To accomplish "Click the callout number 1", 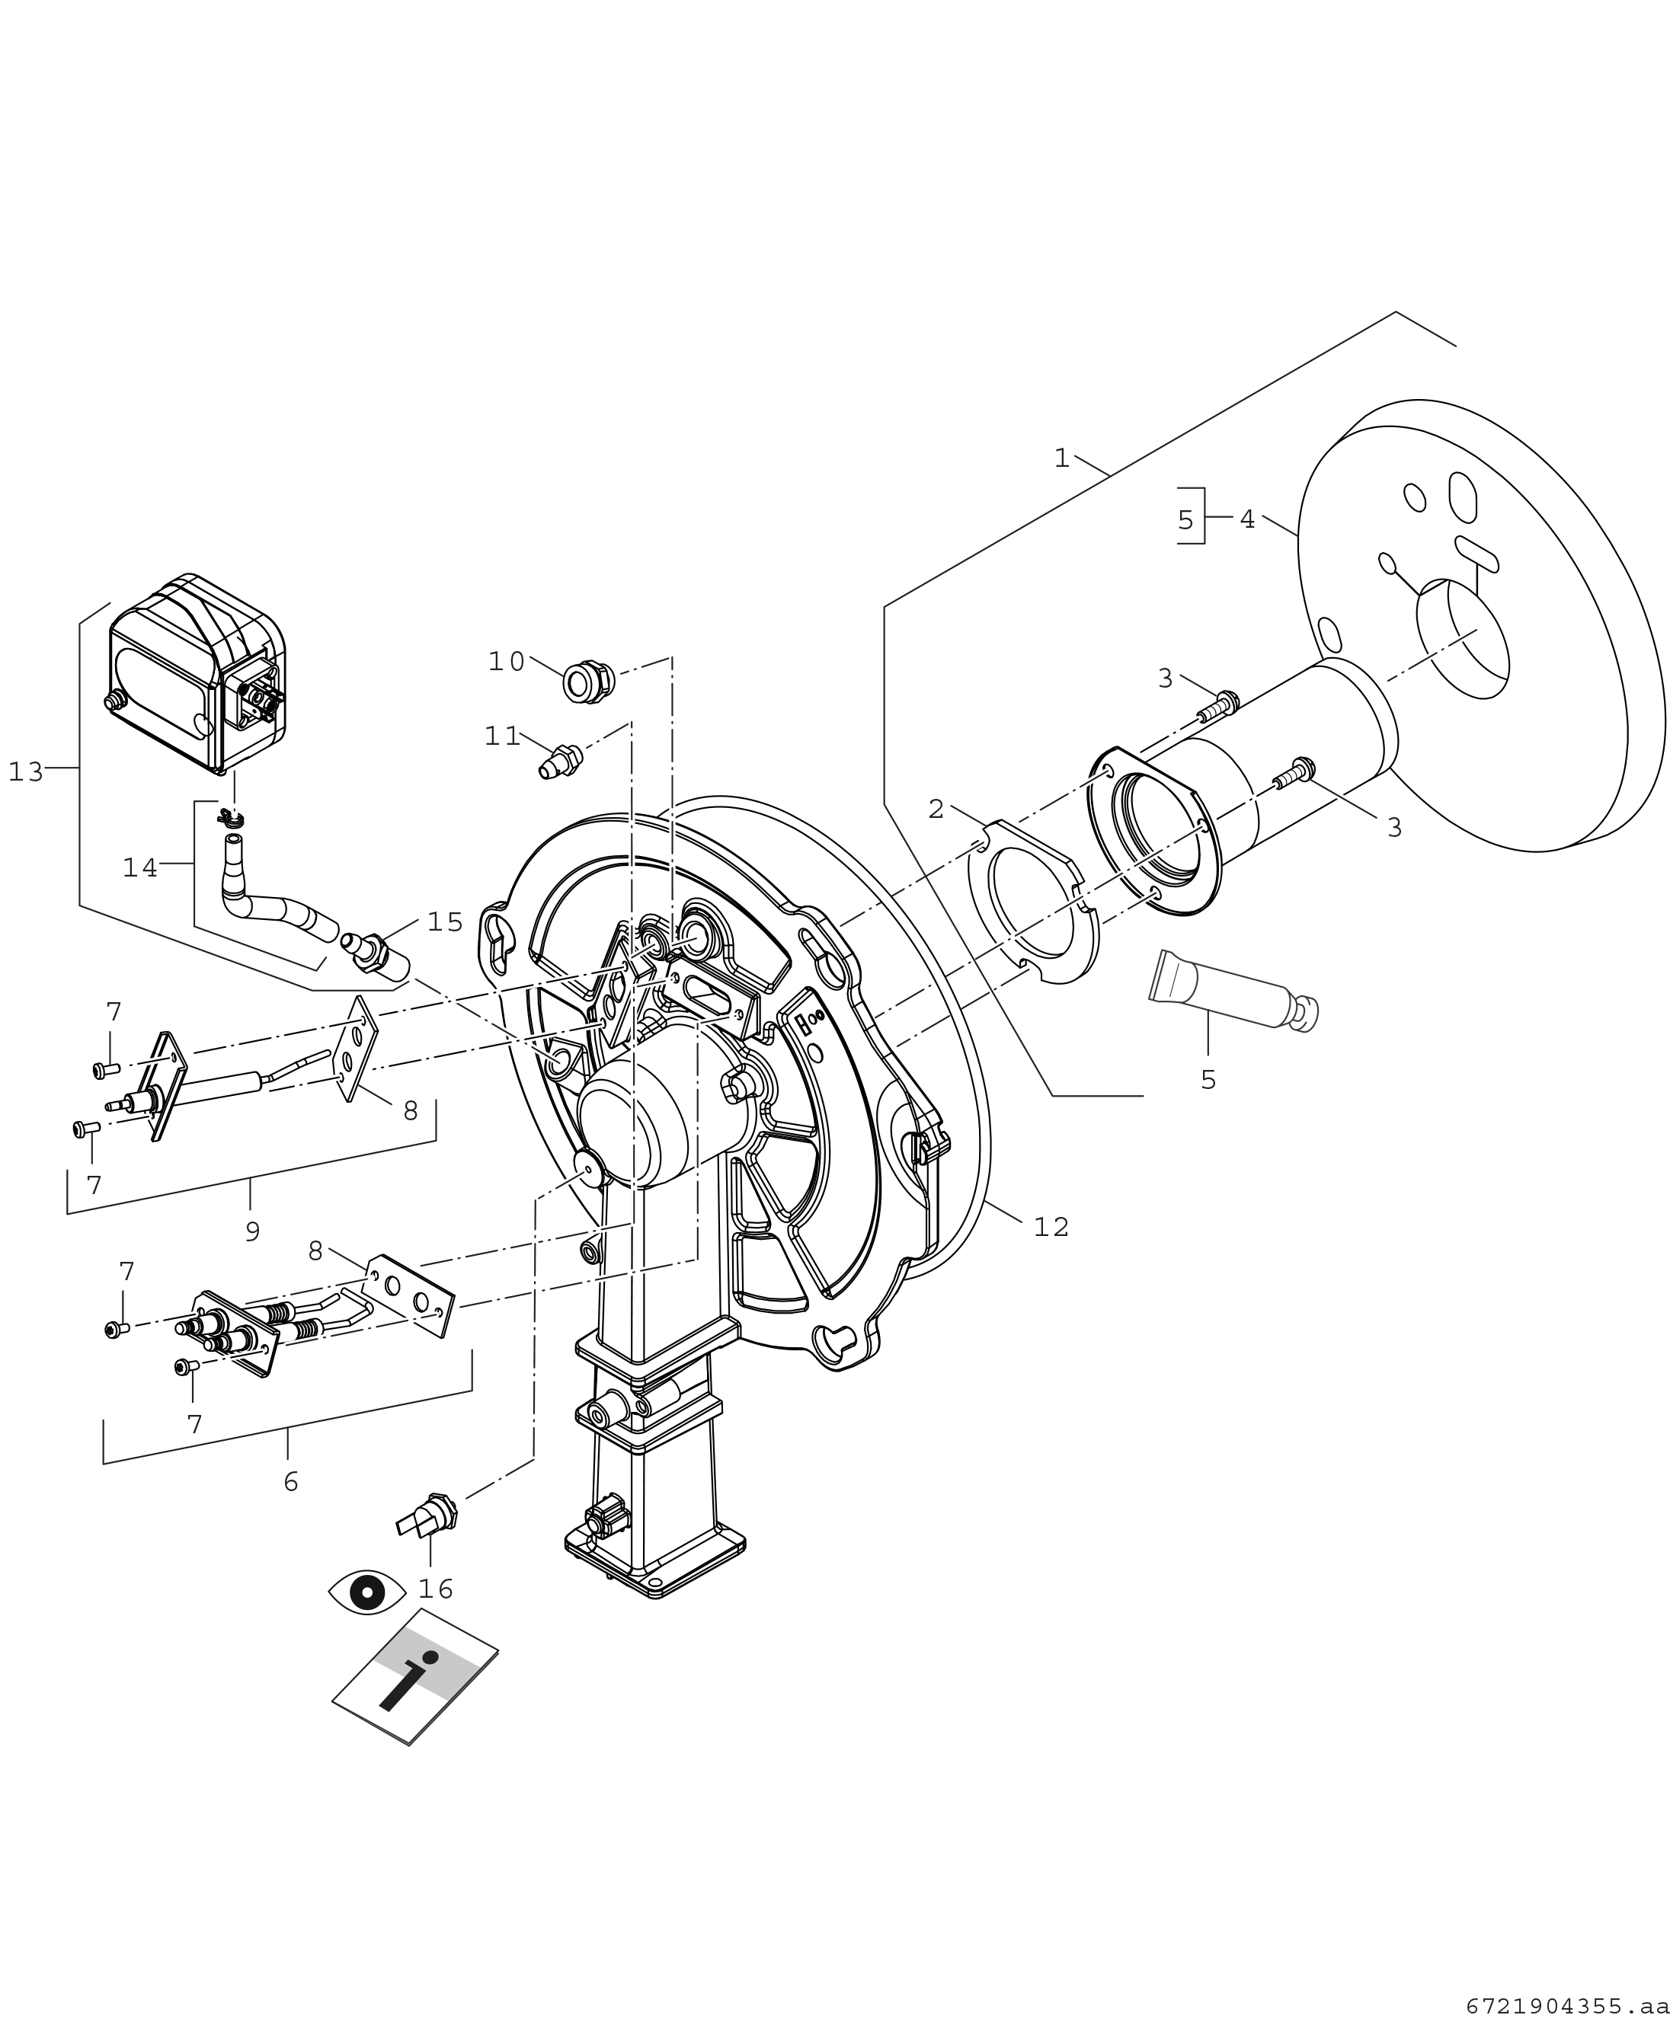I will pos(1061,458).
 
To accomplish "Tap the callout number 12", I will pos(1051,1227).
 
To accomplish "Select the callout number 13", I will pos(26,772).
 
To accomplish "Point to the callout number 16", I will pos(435,1589).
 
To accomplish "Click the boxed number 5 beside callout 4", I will pos(1185,520).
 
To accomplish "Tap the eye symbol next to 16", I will pos(366,1592).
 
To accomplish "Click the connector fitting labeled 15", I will pos(374,950).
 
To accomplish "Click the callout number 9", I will pos(252,1231).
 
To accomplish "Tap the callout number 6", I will pos(290,1482).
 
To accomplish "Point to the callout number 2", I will pos(935,810).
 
